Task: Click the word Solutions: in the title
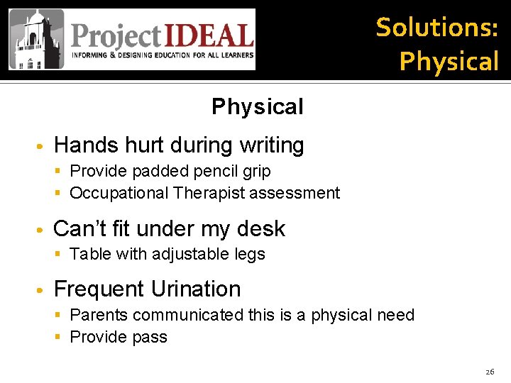pyautogui.click(x=436, y=28)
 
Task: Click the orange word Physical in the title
pyautogui.click(x=449, y=61)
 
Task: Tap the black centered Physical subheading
pyautogui.click(x=257, y=107)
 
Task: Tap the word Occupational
pyautogui.click(x=119, y=193)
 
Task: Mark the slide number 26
pyautogui.click(x=490, y=371)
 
